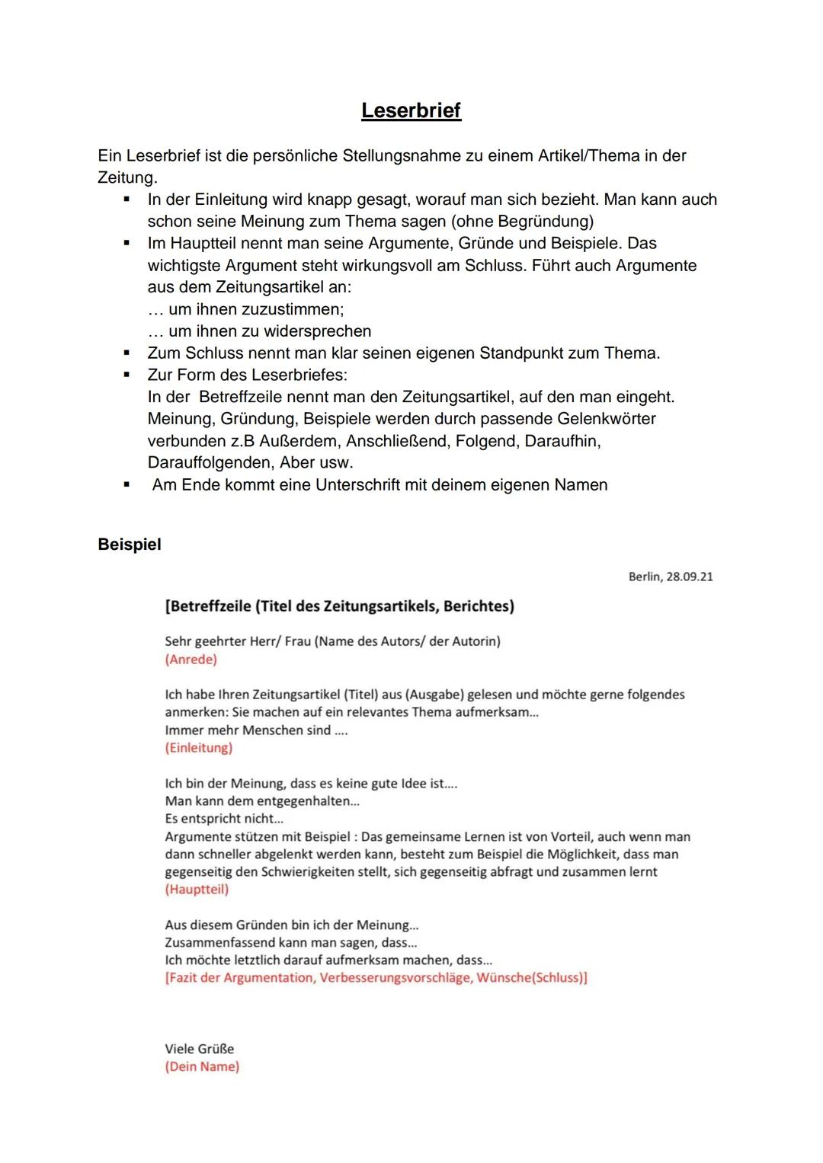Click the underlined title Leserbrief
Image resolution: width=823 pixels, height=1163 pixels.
pyautogui.click(x=411, y=111)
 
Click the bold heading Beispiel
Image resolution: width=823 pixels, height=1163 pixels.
pyautogui.click(x=130, y=545)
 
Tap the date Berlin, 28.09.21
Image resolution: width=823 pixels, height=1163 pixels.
pyautogui.click(x=671, y=577)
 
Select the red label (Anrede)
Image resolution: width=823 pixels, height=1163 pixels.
pyautogui.click(x=191, y=660)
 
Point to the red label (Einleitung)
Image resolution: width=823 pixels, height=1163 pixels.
pyautogui.click(x=198, y=748)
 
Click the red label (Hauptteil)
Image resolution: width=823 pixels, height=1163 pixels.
pyautogui.click(x=197, y=889)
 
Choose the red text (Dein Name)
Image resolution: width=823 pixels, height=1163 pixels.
pyautogui.click(x=202, y=1066)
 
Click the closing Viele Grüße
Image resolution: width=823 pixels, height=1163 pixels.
pyautogui.click(x=199, y=1049)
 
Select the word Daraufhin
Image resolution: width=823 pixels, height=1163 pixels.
pyautogui.click(x=562, y=441)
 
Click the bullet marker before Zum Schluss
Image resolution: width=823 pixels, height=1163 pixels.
pyautogui.click(x=126, y=353)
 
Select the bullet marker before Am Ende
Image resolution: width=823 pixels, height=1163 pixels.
pyautogui.click(x=126, y=485)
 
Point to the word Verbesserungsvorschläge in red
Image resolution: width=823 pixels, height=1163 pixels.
pyautogui.click(x=395, y=978)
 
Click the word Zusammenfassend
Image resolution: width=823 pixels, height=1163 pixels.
pyautogui.click(x=229, y=943)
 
